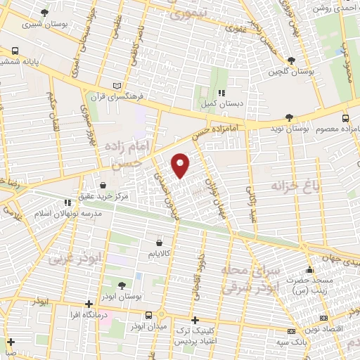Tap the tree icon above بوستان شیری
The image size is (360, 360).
(x=46, y=13)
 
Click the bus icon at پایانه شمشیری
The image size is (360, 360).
(x=15, y=51)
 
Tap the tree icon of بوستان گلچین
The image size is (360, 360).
(x=292, y=61)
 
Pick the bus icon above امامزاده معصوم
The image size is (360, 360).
(x=345, y=118)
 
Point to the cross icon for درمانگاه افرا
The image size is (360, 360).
(x=89, y=304)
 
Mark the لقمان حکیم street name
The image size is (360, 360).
(x=50, y=107)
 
